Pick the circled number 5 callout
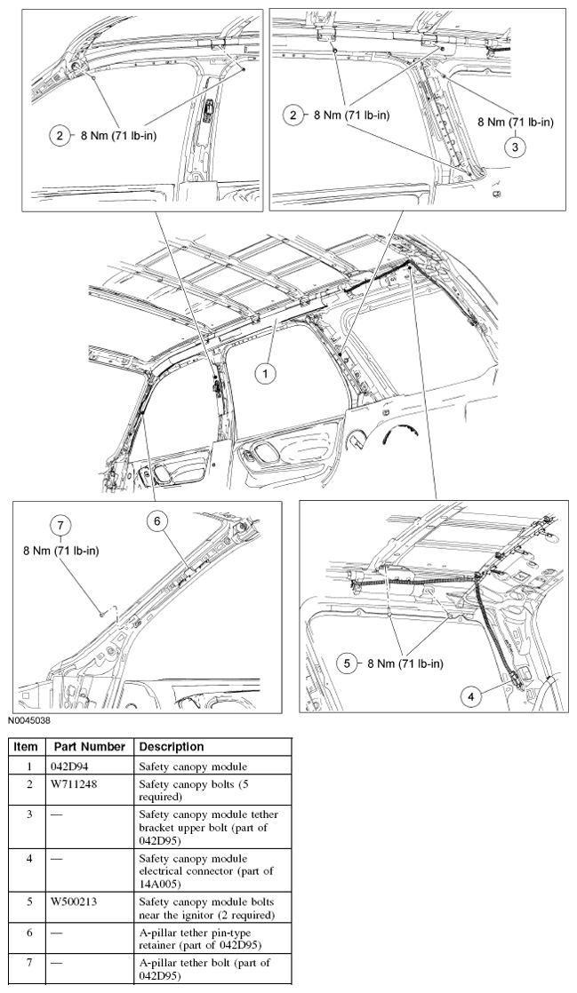[348, 663]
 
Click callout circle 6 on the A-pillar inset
[156, 523]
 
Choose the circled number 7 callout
[61, 526]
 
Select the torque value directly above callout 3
[516, 123]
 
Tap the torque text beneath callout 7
[61, 551]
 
